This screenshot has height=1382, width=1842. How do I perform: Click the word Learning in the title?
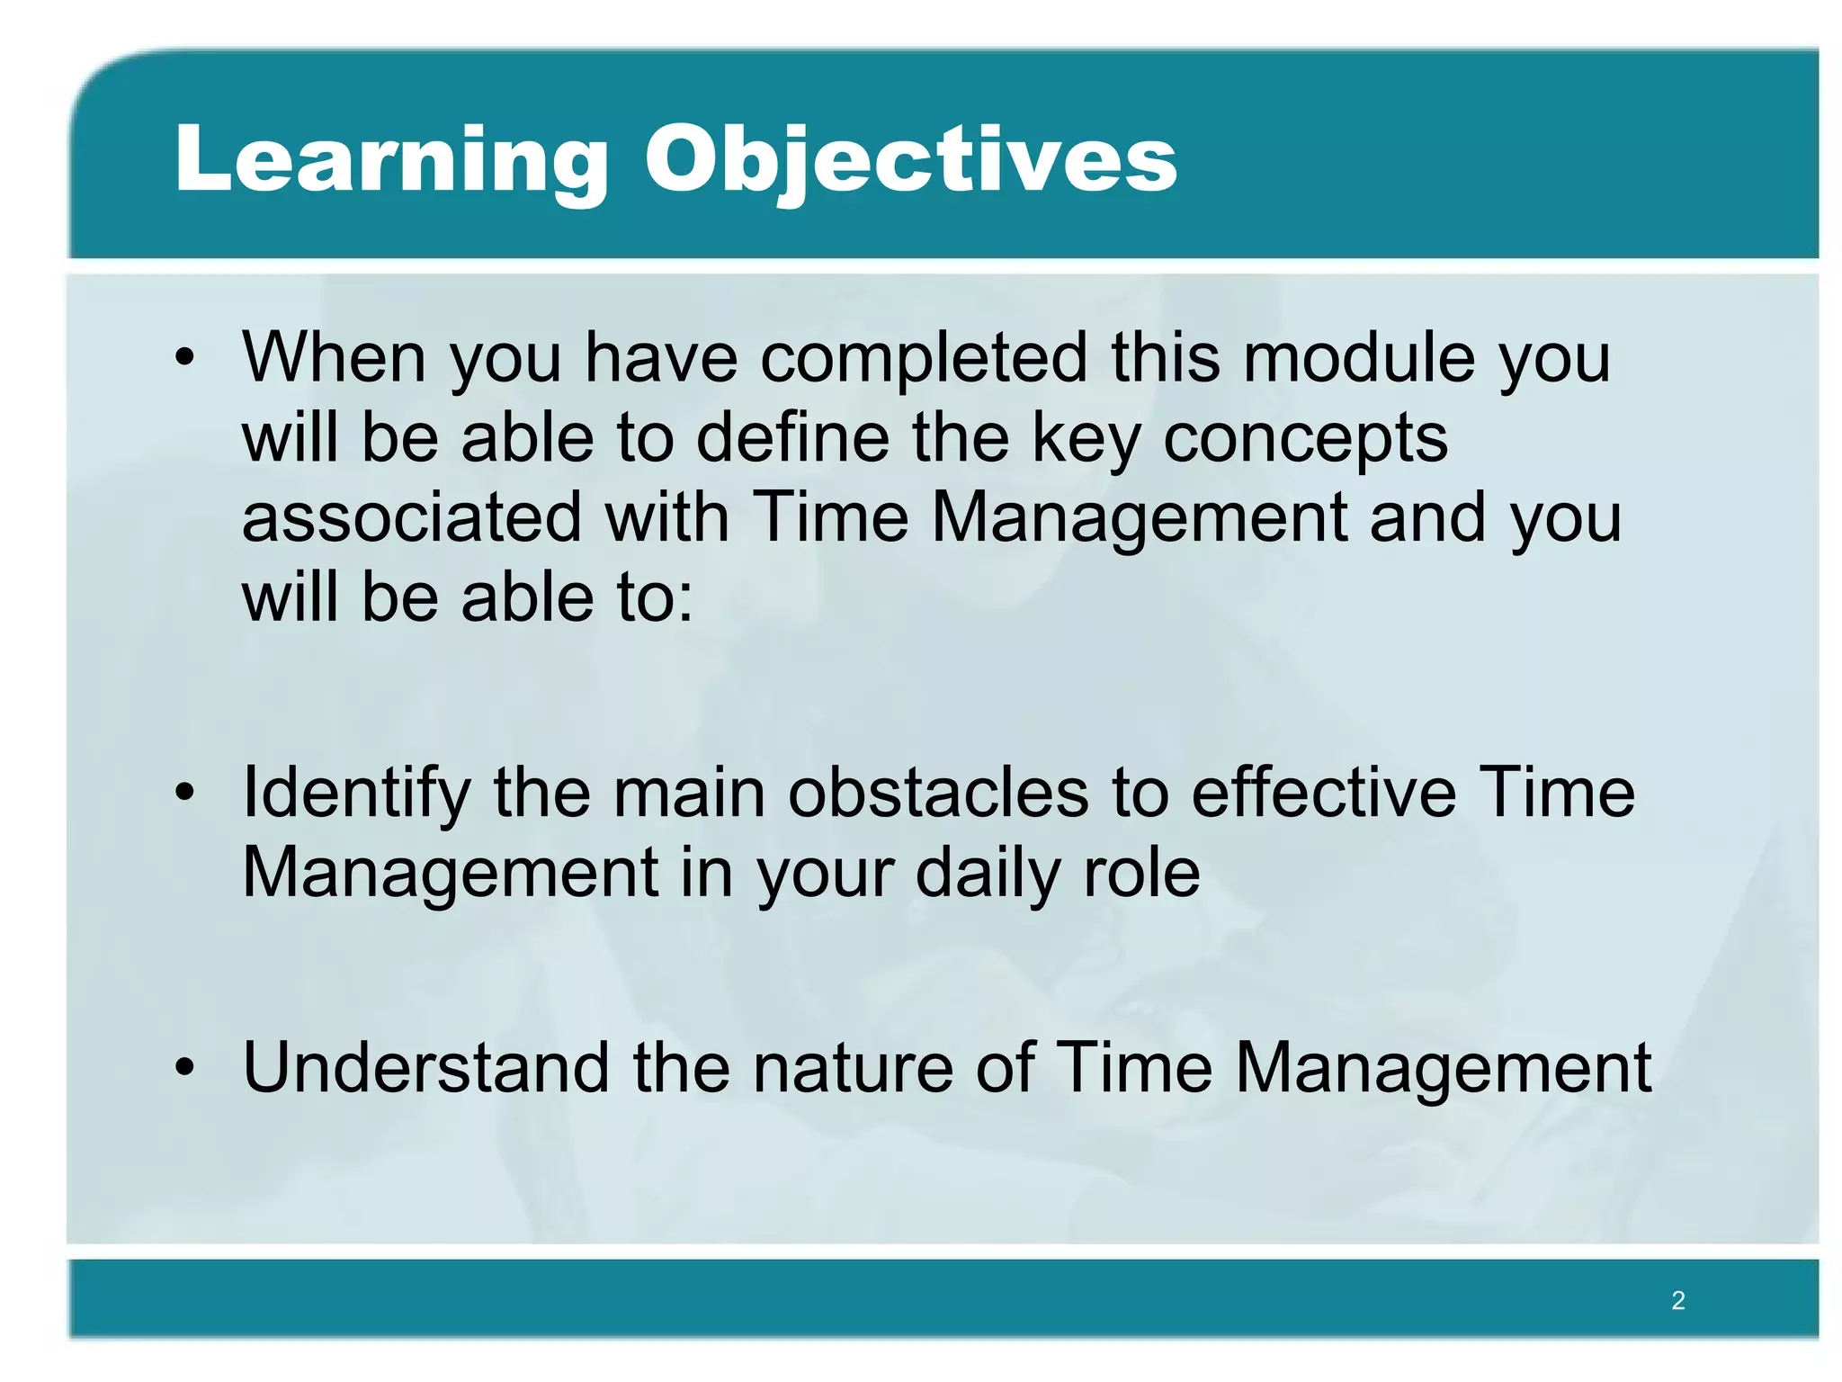coord(391,160)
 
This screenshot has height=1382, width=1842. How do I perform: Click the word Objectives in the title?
coord(910,160)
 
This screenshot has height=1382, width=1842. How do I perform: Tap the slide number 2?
coord(1677,1300)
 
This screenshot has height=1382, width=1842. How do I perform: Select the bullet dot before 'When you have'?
coord(185,358)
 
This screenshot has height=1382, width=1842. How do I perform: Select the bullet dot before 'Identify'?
coord(185,793)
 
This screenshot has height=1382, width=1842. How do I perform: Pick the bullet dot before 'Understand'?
coord(185,1068)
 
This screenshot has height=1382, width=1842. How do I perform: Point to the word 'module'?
coord(1359,358)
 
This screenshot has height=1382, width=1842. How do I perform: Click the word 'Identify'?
coord(356,794)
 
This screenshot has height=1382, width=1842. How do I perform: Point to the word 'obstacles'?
coord(938,793)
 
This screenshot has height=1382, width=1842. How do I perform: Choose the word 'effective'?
coord(1323,793)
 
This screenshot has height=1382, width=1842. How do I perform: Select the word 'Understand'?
coord(426,1068)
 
